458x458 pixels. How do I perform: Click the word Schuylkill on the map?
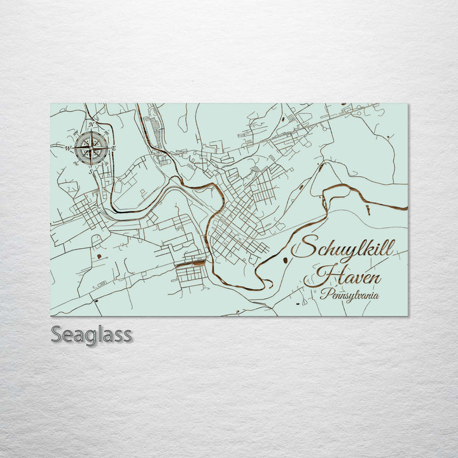[x=342, y=248]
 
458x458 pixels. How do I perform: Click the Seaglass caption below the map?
[x=91, y=334]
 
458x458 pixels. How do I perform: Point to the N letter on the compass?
[x=91, y=125]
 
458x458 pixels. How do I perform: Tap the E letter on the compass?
[x=114, y=148]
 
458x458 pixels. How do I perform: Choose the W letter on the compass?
[x=67, y=149]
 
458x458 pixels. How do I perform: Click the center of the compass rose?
[x=92, y=149]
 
